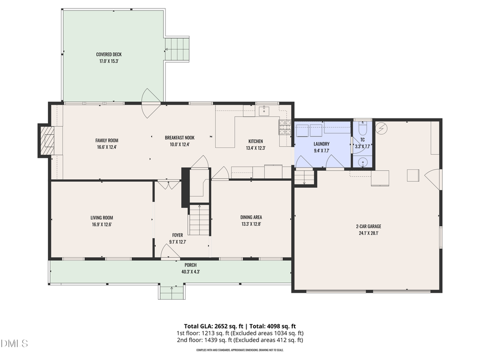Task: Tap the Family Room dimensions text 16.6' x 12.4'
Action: (x=106, y=147)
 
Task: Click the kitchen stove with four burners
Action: (x=285, y=126)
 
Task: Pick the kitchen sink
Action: (x=263, y=111)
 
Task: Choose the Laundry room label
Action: (x=322, y=144)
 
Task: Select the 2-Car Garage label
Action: (x=369, y=226)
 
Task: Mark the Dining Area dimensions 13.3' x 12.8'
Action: (x=251, y=224)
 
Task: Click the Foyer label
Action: (x=178, y=235)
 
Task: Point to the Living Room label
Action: (x=101, y=218)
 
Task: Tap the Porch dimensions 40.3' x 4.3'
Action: (x=190, y=271)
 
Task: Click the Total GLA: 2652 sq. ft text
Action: (x=211, y=326)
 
